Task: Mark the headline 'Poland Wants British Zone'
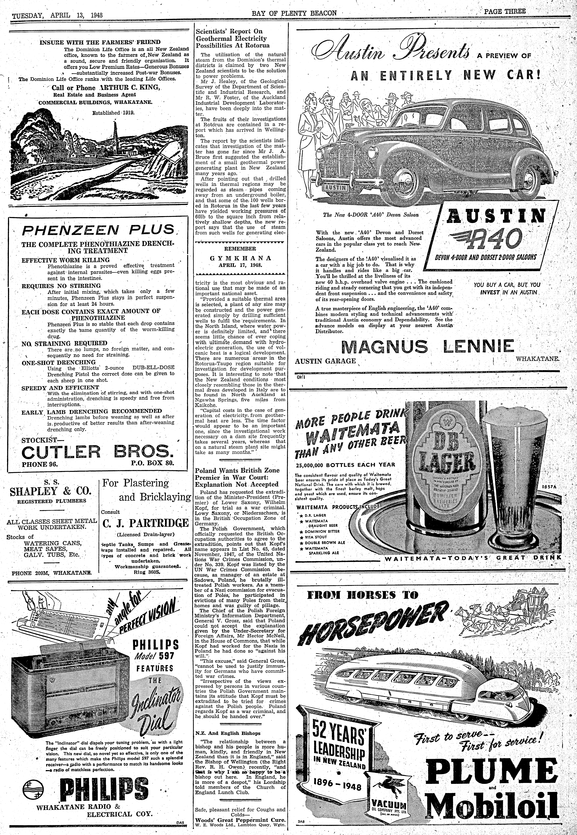[237, 470]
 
